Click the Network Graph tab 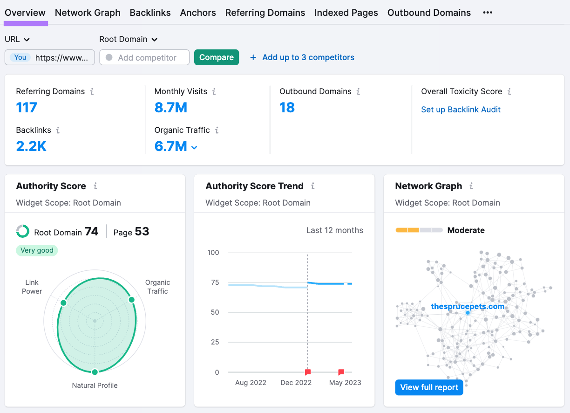(88, 13)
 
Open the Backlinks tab (150, 13)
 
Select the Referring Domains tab (265, 13)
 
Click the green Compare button (217, 57)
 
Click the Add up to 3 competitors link (308, 57)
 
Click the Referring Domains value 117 (27, 108)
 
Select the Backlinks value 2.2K (31, 146)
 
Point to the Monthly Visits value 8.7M (171, 108)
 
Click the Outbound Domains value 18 (287, 108)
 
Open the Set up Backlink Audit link (461, 110)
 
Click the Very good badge (37, 250)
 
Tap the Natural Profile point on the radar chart (95, 372)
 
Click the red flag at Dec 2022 (308, 372)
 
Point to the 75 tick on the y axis (214, 282)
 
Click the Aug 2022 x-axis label (251, 383)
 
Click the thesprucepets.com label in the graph (468, 306)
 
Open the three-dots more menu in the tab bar (488, 13)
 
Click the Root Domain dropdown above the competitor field (129, 40)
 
